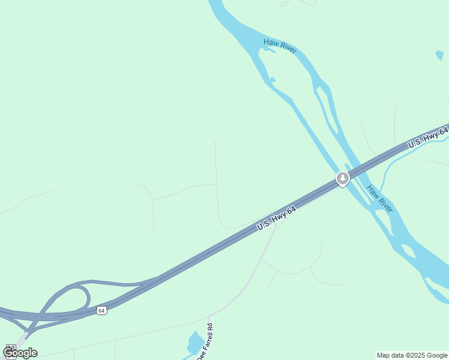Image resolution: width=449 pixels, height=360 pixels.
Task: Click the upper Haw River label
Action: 280,46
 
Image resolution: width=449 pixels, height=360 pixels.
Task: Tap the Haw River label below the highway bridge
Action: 380,199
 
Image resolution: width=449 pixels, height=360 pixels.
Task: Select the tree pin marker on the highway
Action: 342,178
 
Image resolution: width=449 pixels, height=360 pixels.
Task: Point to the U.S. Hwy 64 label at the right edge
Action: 427,138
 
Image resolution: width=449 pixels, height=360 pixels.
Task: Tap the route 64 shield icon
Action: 101,310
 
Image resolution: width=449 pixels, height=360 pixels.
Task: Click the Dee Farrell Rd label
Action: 203,341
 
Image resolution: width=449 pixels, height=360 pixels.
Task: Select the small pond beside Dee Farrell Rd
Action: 194,343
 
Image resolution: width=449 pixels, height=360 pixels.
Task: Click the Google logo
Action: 19,353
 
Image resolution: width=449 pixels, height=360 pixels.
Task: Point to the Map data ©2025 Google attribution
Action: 412,355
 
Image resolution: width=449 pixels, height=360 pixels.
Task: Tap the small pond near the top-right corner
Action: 440,55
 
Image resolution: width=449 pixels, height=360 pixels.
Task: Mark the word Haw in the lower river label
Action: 373,191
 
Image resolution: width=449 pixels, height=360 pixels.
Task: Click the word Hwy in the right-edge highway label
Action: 430,136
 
